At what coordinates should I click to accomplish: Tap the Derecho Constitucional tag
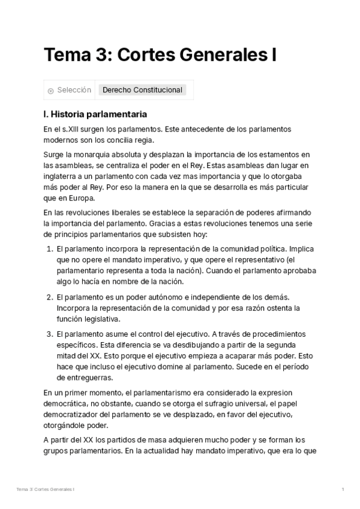142,90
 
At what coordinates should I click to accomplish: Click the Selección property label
74,90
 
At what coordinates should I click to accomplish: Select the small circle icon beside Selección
50,91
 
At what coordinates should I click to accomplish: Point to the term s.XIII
73,129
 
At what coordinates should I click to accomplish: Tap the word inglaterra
63,176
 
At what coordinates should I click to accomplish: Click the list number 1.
49,248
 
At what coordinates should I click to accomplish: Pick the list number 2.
49,297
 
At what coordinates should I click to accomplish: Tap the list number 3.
49,334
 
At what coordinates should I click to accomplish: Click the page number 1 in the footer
343,490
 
